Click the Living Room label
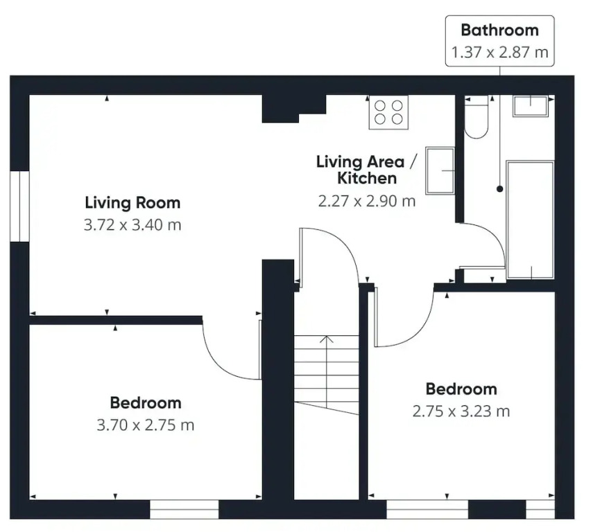click(x=132, y=203)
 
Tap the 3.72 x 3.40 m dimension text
click(x=132, y=225)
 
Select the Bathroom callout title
click(x=499, y=30)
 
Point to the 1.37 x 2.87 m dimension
click(x=499, y=52)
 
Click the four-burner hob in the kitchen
click(x=389, y=112)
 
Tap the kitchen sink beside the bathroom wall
click(x=440, y=171)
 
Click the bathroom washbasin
click(x=531, y=105)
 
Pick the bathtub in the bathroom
click(x=530, y=220)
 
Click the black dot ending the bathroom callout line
click(x=499, y=189)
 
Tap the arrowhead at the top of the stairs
click(x=327, y=339)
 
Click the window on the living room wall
click(x=19, y=206)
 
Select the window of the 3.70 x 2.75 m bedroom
click(x=184, y=510)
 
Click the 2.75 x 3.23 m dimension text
click(x=461, y=411)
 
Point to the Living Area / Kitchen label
click(x=367, y=170)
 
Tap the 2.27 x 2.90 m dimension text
click(x=367, y=201)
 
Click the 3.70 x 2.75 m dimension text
click(x=146, y=425)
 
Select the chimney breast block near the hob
click(x=294, y=109)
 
